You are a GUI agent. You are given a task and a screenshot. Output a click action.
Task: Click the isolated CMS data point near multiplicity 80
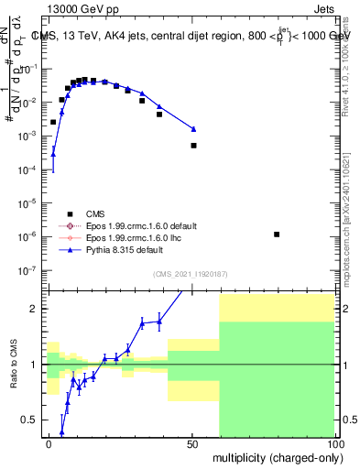pos(277,234)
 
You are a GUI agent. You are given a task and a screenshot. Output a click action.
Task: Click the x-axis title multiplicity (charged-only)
pos(272,456)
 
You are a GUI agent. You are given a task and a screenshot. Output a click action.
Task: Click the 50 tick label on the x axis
pos(192,442)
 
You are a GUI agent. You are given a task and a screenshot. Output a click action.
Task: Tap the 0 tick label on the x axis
pos(49,442)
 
